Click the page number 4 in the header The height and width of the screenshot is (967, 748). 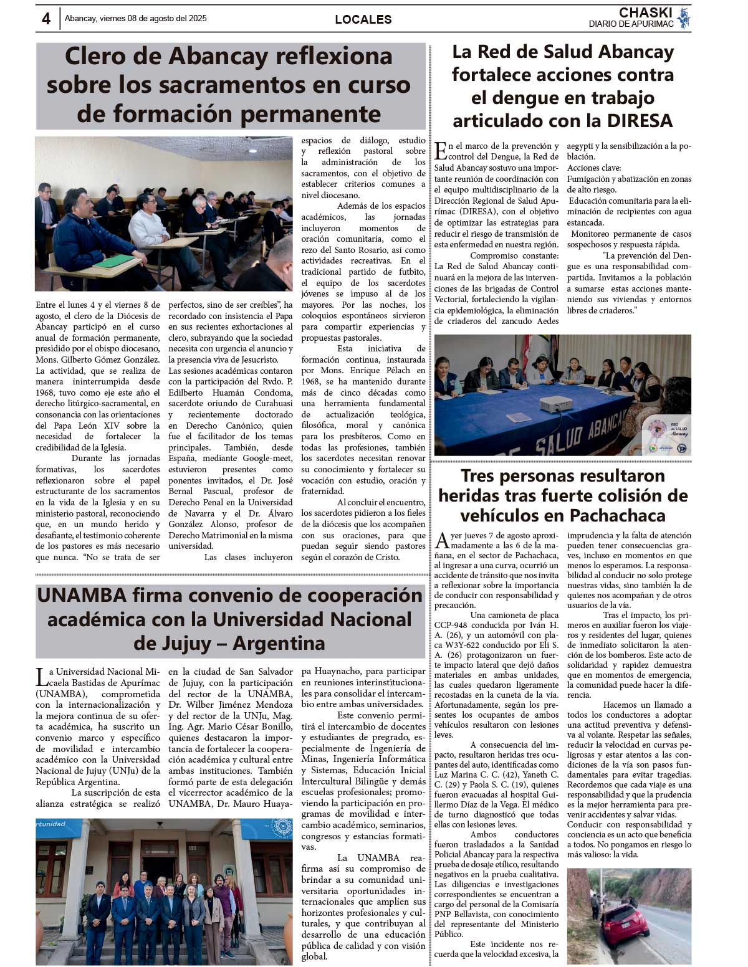(x=46, y=19)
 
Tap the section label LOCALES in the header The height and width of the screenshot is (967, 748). (x=363, y=19)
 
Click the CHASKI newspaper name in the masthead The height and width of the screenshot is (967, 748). (x=645, y=12)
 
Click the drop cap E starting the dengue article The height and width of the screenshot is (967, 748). (x=440, y=151)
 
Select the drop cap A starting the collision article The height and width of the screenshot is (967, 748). (x=441, y=540)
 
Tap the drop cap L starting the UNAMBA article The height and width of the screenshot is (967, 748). (x=41, y=677)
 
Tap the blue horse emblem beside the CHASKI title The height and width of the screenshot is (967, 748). (x=684, y=17)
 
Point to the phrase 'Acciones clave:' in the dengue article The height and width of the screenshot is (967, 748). (x=593, y=168)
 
